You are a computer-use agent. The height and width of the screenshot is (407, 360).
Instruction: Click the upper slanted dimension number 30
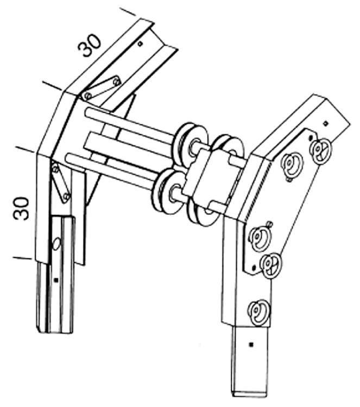[x=89, y=45]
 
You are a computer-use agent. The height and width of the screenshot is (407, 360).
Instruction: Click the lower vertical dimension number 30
[x=21, y=209]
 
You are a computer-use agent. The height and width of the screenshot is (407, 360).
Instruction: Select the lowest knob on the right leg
[x=258, y=313]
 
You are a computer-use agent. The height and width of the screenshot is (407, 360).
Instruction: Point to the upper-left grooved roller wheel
[x=191, y=144]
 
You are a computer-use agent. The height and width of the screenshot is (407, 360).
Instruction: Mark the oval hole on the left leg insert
[x=56, y=244]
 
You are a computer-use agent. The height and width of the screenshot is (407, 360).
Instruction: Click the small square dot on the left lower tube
[x=55, y=280]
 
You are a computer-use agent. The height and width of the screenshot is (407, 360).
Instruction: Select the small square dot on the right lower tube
[x=251, y=345]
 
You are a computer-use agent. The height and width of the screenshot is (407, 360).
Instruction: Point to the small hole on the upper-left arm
[x=140, y=43]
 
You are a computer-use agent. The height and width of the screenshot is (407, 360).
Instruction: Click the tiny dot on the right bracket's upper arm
[x=325, y=123]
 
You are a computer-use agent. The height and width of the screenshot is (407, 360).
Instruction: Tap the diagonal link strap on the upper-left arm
[x=102, y=88]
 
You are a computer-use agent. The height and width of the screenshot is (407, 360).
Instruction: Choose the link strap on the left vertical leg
[x=60, y=182]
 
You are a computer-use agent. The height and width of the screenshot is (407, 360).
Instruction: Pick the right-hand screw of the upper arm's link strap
[x=116, y=82]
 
